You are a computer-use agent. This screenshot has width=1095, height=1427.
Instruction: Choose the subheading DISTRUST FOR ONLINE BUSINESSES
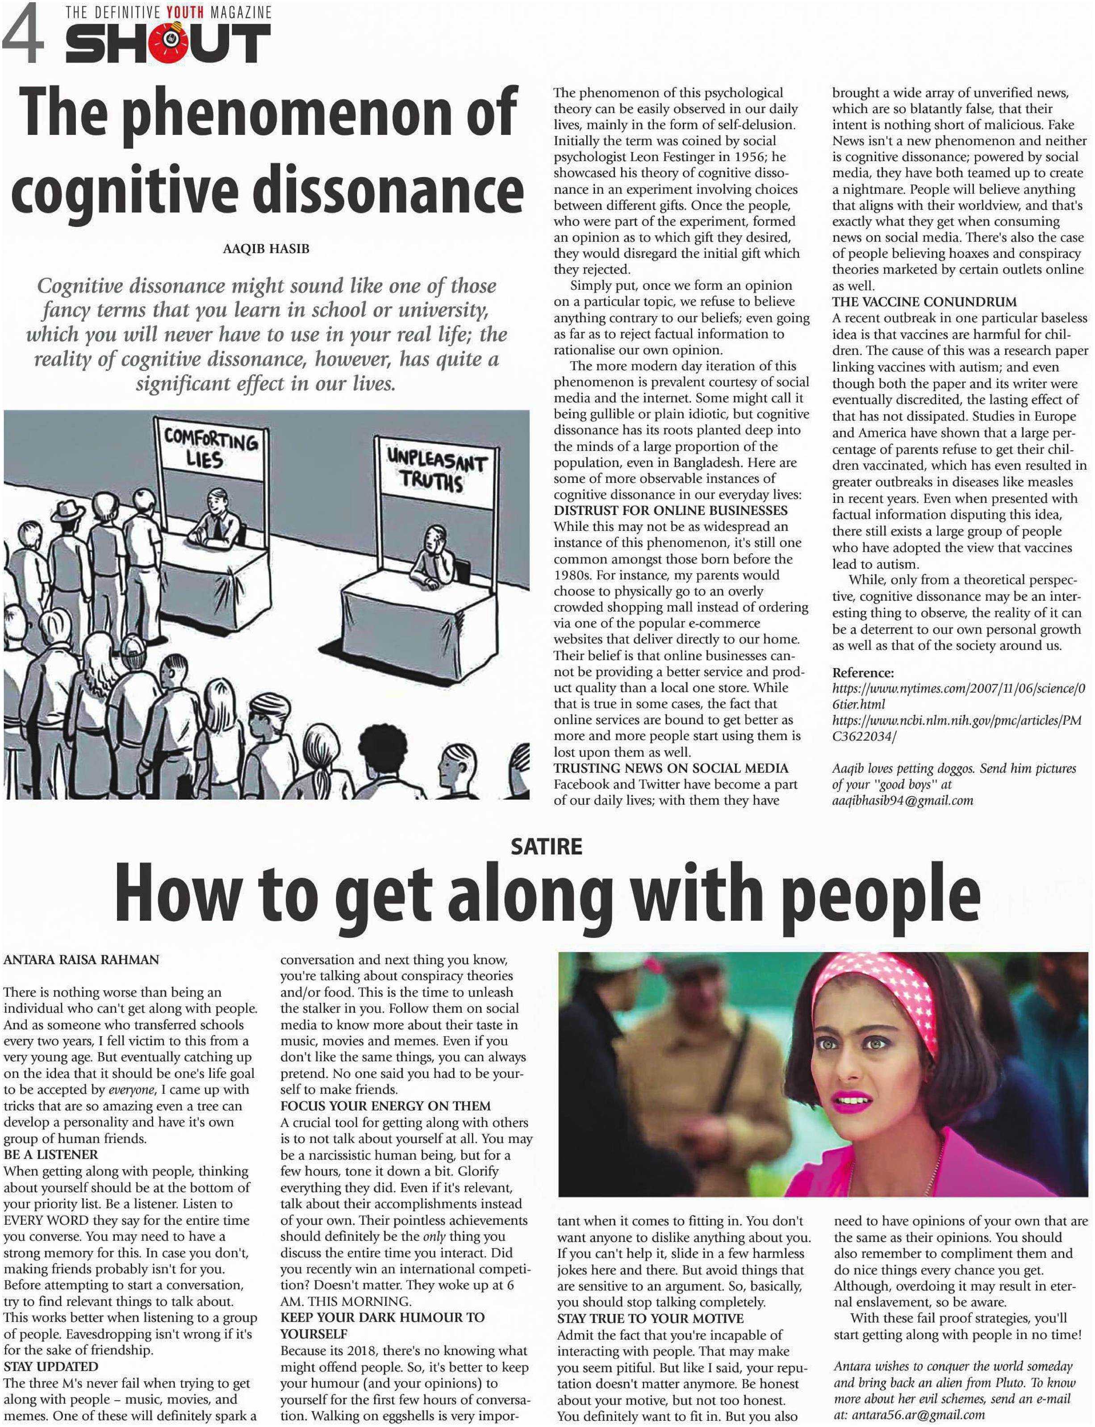(x=671, y=511)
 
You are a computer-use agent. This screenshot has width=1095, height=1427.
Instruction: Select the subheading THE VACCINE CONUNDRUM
(x=924, y=302)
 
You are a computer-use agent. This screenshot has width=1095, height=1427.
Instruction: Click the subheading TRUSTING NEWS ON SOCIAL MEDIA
(x=671, y=768)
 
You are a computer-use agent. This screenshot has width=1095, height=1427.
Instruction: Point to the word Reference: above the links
(x=863, y=672)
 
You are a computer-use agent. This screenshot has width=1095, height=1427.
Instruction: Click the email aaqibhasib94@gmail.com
(x=902, y=801)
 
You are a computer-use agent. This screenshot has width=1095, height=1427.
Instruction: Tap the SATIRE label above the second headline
(x=546, y=847)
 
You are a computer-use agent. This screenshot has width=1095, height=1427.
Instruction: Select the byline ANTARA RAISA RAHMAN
(x=81, y=960)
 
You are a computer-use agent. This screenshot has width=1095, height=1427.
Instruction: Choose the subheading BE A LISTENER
(x=51, y=1155)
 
